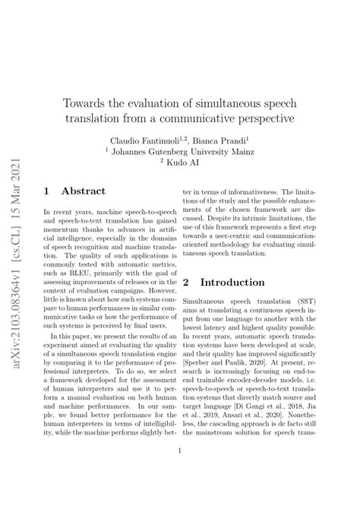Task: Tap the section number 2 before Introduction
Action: point(186,282)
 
